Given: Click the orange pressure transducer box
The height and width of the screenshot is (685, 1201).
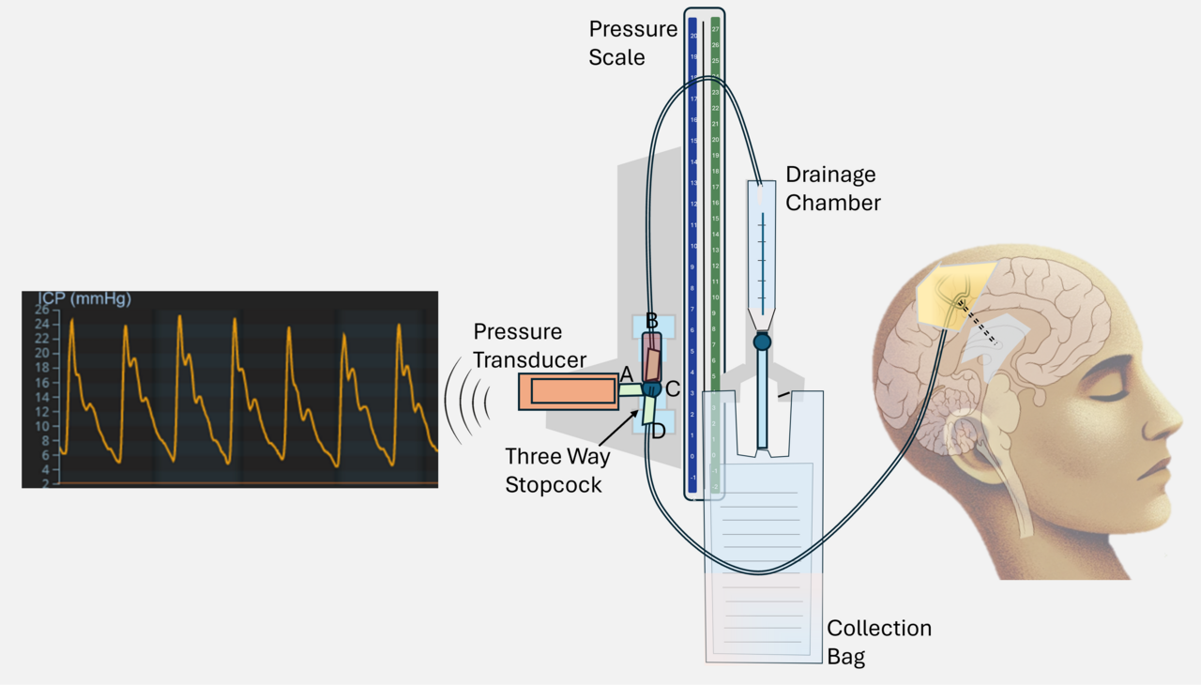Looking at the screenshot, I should click(x=568, y=390).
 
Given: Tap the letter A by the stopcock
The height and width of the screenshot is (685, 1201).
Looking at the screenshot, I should click(x=627, y=374).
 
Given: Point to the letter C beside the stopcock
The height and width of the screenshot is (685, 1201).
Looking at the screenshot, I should click(x=673, y=388).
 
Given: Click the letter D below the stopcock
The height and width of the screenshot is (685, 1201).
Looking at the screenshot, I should click(x=658, y=432).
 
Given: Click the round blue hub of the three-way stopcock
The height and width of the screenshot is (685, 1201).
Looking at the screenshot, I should click(x=653, y=388).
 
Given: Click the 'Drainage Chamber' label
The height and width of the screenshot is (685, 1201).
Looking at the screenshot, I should click(x=831, y=188).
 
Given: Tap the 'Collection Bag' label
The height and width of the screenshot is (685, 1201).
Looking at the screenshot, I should click(x=879, y=642).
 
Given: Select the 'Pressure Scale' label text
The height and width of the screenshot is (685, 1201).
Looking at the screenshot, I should click(x=632, y=43).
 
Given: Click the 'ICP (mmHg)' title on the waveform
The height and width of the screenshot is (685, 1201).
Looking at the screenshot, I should click(x=84, y=299).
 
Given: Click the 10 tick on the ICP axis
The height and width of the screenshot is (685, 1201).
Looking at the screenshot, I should click(x=42, y=426).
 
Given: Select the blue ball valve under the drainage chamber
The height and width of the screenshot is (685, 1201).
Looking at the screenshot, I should click(x=762, y=342).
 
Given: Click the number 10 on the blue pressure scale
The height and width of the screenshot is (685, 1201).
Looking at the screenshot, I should click(x=692, y=246).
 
